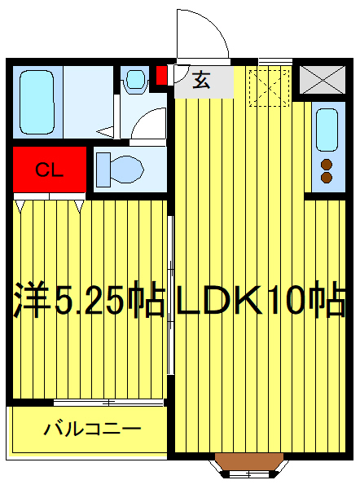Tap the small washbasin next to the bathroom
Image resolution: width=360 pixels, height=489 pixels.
pos(134,81)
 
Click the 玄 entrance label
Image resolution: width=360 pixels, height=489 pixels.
pos(200,79)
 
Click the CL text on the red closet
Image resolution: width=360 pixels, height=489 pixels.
pos(48,170)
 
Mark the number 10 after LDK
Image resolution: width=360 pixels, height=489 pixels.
pos(301,302)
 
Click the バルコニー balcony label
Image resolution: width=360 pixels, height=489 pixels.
pos(92,429)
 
